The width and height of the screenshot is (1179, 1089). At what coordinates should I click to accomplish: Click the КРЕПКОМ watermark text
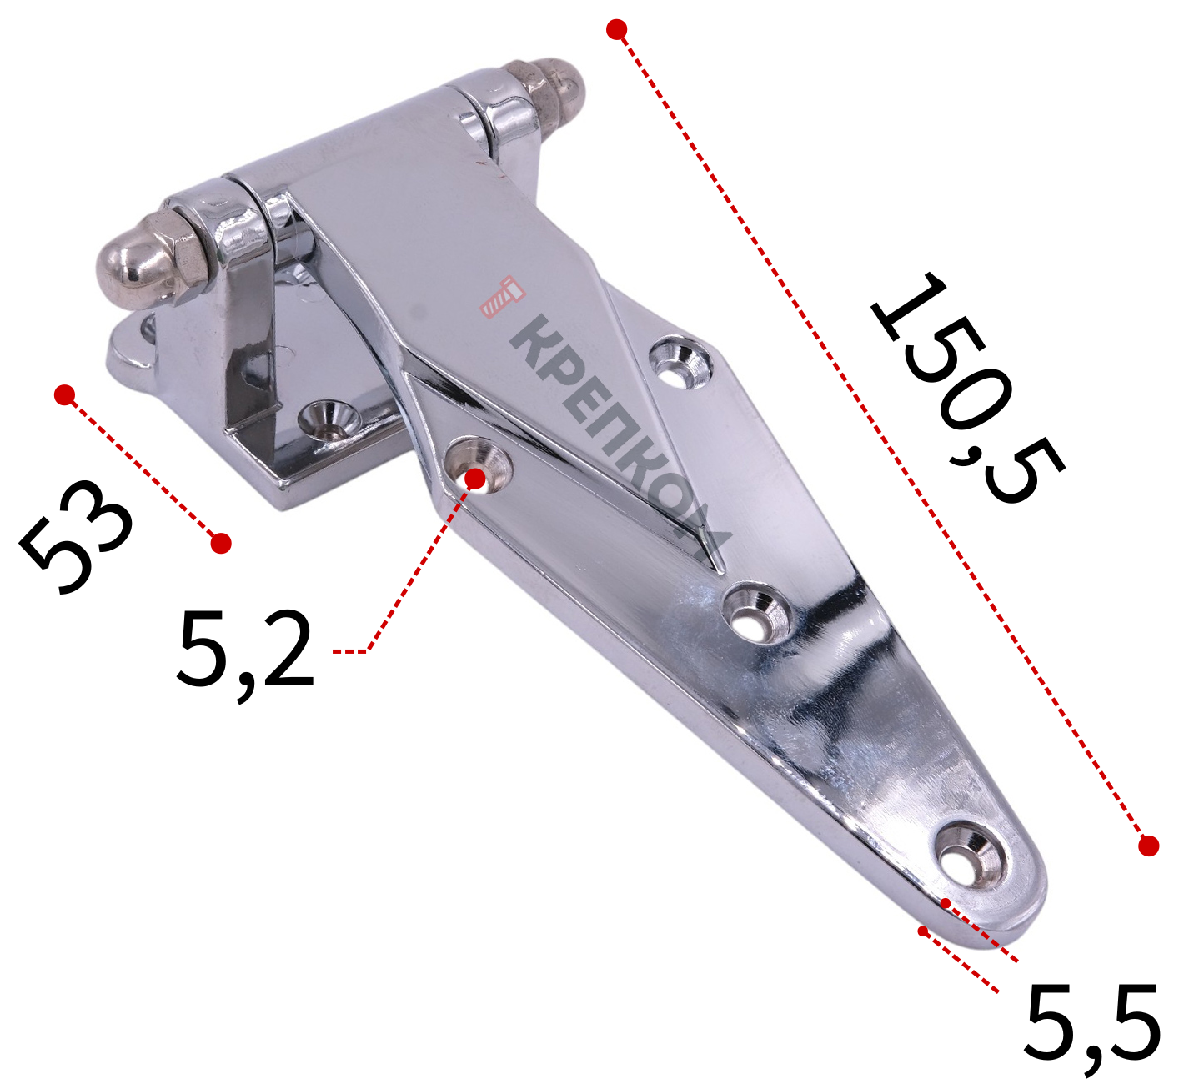click(x=620, y=439)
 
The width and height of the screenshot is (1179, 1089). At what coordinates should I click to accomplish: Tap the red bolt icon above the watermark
click(x=502, y=297)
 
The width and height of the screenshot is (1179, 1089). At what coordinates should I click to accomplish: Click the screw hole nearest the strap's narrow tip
click(x=972, y=858)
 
